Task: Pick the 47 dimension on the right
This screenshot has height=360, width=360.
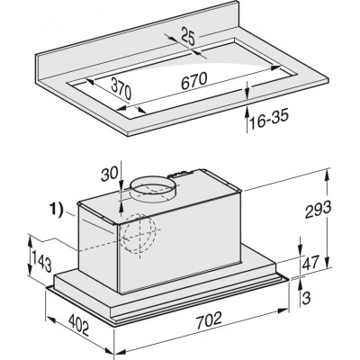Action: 310,265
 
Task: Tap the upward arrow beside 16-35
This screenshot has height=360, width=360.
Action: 247,116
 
